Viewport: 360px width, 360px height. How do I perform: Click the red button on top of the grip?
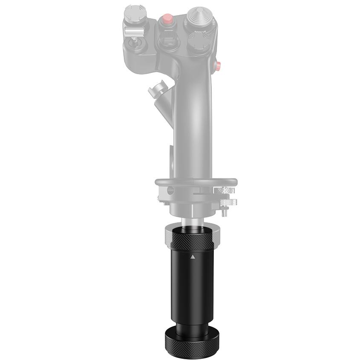(167, 19)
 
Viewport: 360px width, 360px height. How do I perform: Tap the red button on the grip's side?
(219, 65)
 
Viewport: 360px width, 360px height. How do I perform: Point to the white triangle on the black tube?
(193, 257)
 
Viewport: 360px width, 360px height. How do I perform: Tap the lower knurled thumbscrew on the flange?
(228, 202)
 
